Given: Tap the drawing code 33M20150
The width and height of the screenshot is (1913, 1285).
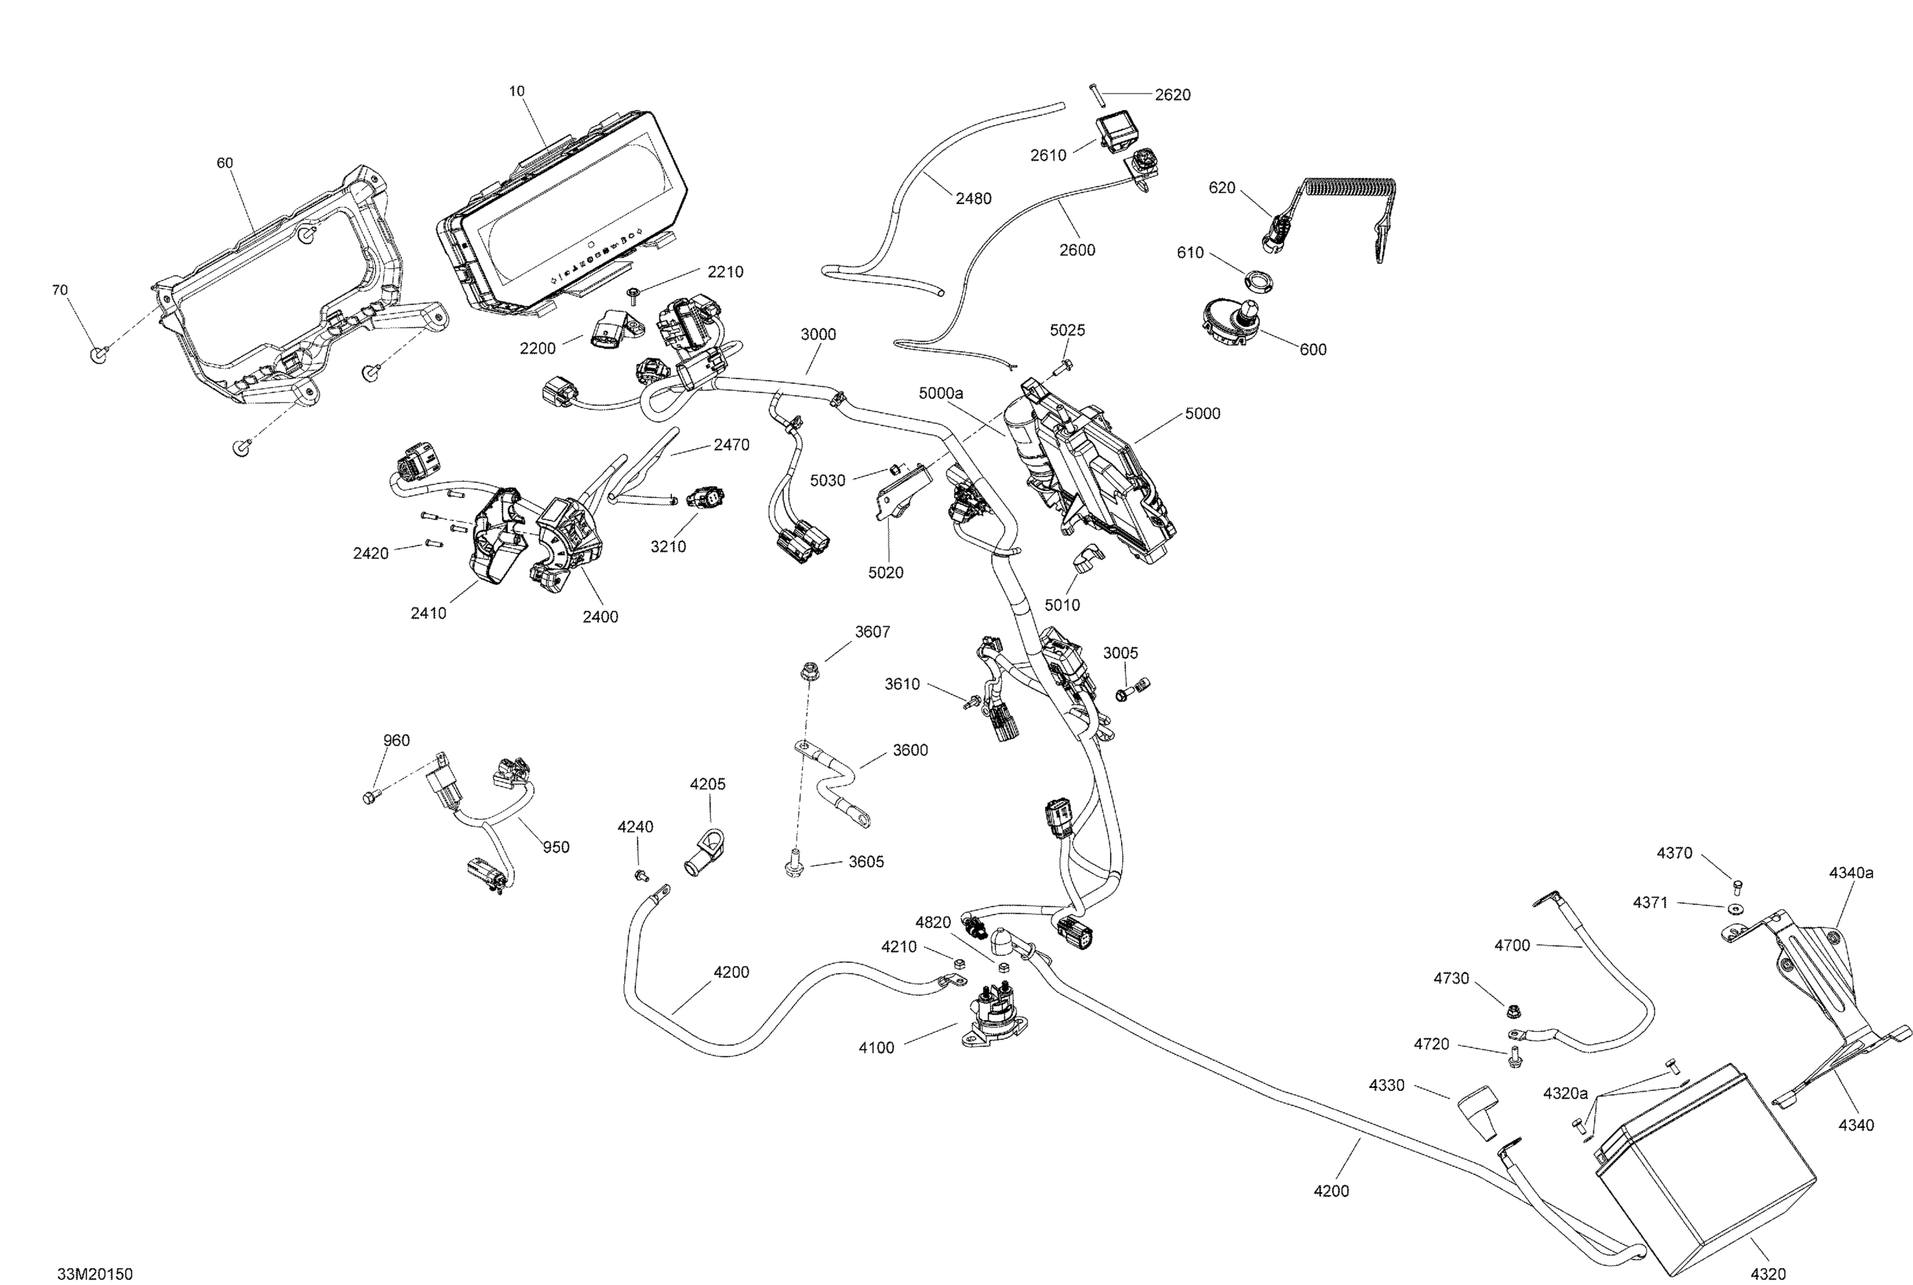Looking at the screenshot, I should [x=94, y=1274].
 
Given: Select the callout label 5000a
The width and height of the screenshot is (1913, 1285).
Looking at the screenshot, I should [x=941, y=393].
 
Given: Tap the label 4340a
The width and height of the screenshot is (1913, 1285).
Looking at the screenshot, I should [x=1851, y=874].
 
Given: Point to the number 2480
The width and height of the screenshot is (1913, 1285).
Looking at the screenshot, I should [x=973, y=198].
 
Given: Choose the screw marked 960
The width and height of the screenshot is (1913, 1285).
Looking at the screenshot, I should [x=369, y=796].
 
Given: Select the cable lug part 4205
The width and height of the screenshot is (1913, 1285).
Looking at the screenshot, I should [x=705, y=851].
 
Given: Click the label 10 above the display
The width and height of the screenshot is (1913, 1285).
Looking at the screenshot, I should [x=517, y=92].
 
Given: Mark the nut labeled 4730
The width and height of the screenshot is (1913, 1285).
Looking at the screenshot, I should [x=1514, y=1006].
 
